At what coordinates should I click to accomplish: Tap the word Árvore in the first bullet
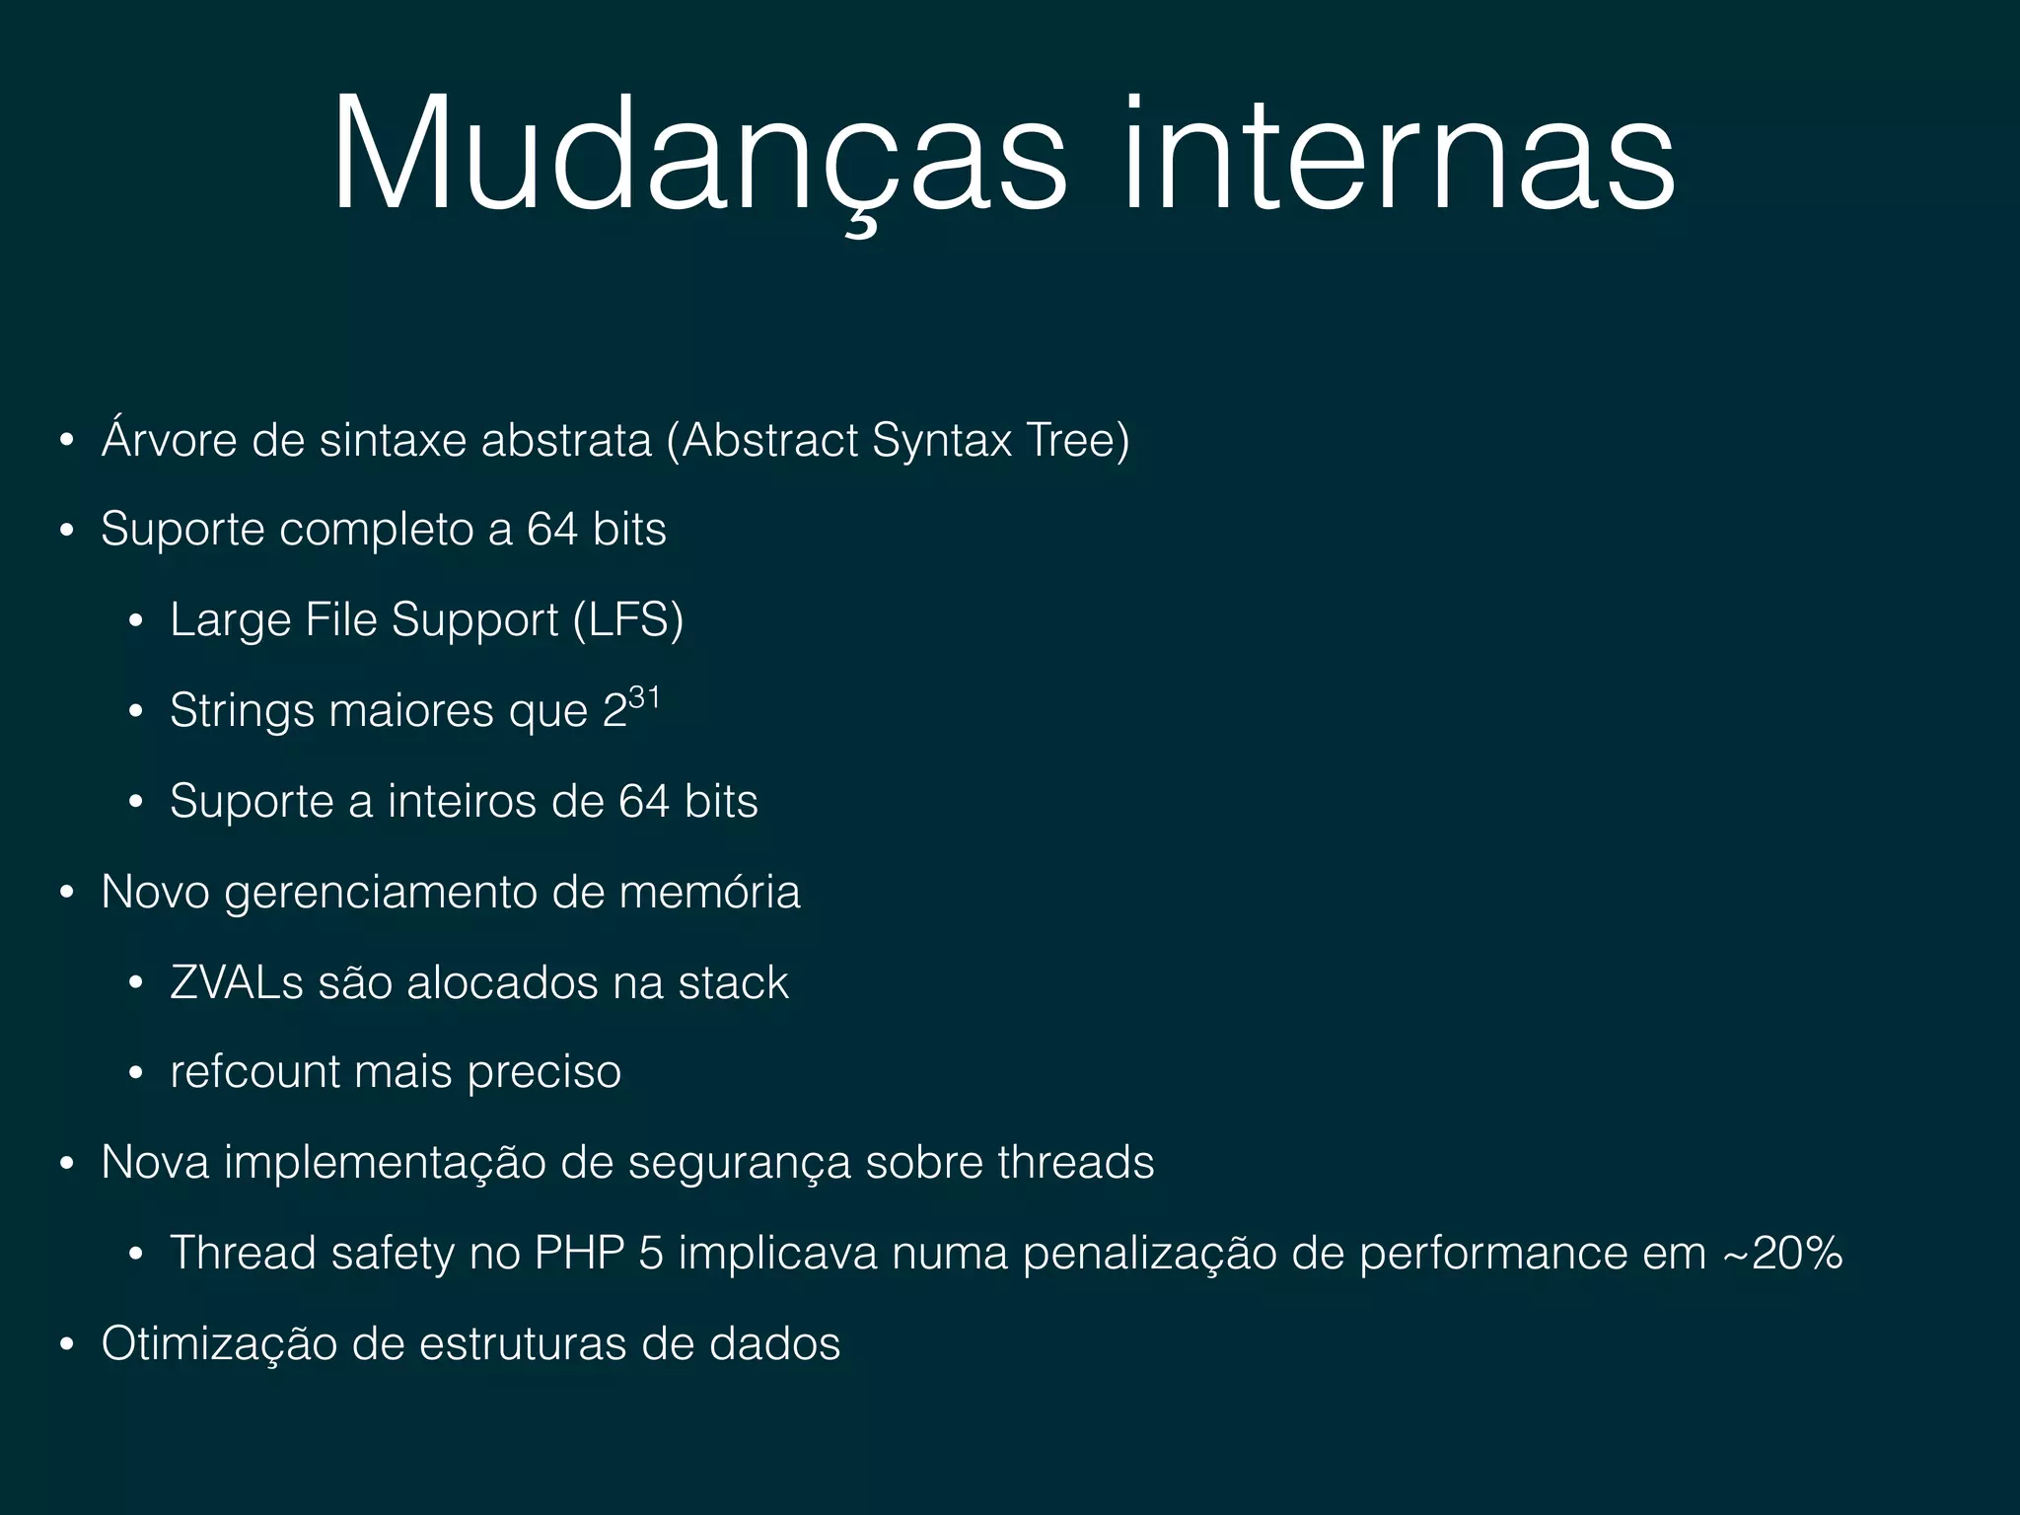click(169, 440)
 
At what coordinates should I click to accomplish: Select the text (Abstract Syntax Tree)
click(898, 440)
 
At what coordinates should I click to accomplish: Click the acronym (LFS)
click(628, 620)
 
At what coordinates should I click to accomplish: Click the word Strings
click(242, 711)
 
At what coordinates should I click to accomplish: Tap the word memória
click(709, 892)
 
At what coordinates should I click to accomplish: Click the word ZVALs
click(237, 982)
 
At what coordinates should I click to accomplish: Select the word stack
click(733, 982)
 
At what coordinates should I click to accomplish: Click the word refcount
click(254, 1072)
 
